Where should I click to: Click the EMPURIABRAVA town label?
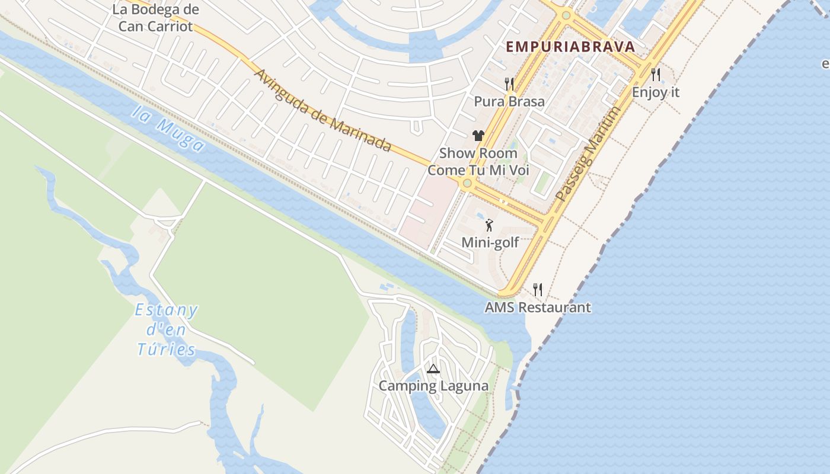pyautogui.click(x=570, y=47)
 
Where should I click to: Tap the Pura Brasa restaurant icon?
pyautogui.click(x=509, y=84)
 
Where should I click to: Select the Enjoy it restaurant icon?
pyautogui.click(x=656, y=75)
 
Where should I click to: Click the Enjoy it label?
pyautogui.click(x=656, y=92)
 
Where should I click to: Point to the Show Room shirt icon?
pyautogui.click(x=478, y=136)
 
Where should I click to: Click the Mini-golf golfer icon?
pyautogui.click(x=489, y=225)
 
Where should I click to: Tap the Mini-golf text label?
pyautogui.click(x=490, y=242)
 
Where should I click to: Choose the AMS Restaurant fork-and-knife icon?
pyautogui.click(x=538, y=290)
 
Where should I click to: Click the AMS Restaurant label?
pyautogui.click(x=538, y=308)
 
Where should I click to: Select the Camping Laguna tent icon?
pyautogui.click(x=433, y=369)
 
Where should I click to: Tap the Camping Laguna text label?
pyautogui.click(x=433, y=386)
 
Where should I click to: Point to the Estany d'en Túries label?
pyautogui.click(x=166, y=329)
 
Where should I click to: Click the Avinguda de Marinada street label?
pyautogui.click(x=324, y=110)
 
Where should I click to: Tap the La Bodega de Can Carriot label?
pyautogui.click(x=155, y=18)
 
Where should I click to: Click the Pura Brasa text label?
pyautogui.click(x=509, y=101)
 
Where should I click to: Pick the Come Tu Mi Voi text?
pyautogui.click(x=478, y=170)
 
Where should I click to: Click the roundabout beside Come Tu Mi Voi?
pyautogui.click(x=467, y=184)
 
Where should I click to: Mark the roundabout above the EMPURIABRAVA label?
pyautogui.click(x=566, y=15)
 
